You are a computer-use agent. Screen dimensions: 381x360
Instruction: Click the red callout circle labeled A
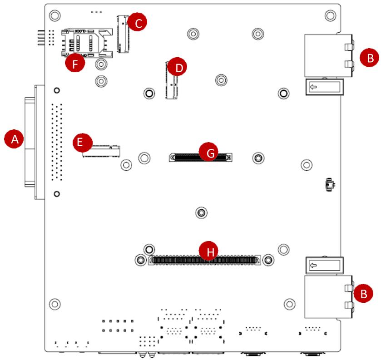pyautogui.click(x=15, y=139)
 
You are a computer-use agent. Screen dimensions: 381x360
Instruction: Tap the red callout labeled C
pyautogui.click(x=138, y=22)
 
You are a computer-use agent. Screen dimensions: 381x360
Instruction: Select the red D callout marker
pyautogui.click(x=178, y=67)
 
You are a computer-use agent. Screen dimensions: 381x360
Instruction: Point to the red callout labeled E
pyautogui.click(x=83, y=143)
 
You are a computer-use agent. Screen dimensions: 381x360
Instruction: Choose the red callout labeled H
pyautogui.click(x=208, y=251)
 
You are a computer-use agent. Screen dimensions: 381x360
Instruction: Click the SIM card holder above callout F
pyautogui.click(x=87, y=43)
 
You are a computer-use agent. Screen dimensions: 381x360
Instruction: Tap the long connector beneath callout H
pyautogui.click(x=204, y=260)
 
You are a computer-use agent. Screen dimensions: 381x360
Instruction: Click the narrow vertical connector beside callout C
pyautogui.click(x=123, y=34)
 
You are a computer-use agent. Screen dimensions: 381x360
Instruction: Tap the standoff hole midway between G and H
pyautogui.click(x=201, y=213)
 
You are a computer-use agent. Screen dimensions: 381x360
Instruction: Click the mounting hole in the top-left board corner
pyautogui.click(x=54, y=15)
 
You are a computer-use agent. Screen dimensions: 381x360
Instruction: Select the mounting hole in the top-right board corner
pyautogui.click(x=330, y=15)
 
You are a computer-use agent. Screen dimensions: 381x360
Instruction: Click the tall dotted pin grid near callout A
pyautogui.click(x=57, y=142)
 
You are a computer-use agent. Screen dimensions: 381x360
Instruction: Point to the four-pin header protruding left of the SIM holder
pyautogui.click(x=41, y=38)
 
